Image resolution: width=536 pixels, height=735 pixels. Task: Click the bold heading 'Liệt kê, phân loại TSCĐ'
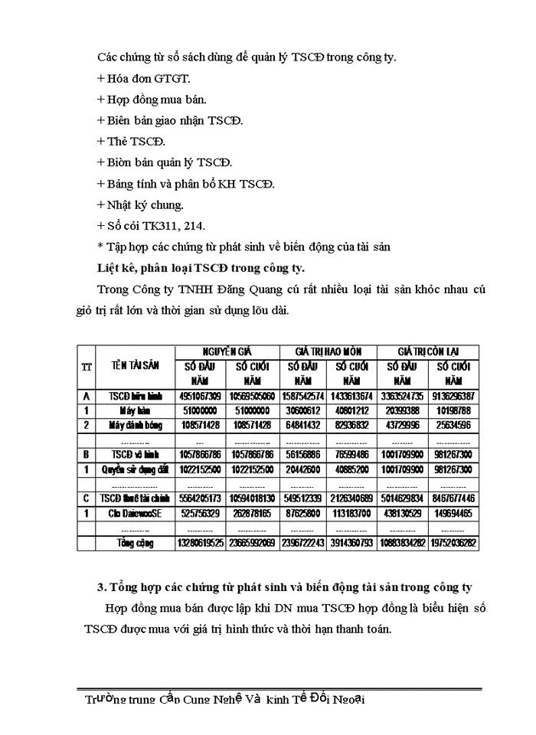(201, 268)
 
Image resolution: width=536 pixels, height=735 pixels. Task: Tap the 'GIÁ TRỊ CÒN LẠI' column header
(428, 351)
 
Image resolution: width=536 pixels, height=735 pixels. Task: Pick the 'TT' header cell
(87, 366)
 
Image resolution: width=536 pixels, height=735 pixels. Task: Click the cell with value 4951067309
(201, 396)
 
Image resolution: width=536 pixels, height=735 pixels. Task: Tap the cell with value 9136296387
(454, 396)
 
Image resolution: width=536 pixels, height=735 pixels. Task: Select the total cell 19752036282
(454, 543)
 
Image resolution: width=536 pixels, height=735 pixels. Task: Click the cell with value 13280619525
(201, 543)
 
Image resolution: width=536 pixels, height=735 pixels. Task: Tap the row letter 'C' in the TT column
(87, 498)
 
